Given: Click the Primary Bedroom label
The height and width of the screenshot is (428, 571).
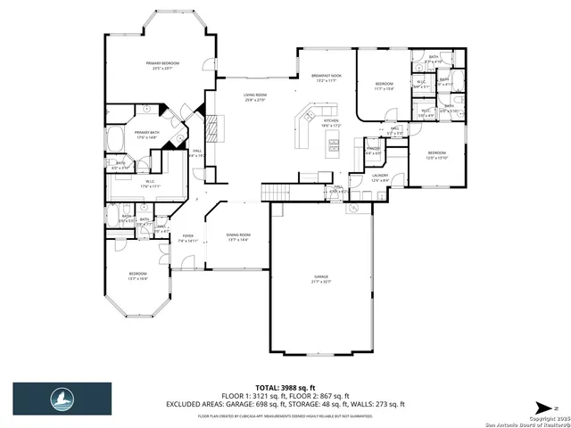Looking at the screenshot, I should point(163,65).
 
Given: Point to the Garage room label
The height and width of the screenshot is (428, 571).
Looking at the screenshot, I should point(321,279).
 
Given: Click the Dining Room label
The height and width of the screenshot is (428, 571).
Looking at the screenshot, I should point(238,237).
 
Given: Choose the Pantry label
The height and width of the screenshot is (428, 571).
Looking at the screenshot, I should point(373,152).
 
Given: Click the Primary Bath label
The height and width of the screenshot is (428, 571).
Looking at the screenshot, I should point(147,135).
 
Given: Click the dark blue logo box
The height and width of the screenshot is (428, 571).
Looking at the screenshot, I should point(62,399).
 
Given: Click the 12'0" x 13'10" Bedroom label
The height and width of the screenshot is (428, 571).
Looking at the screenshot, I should point(435,155).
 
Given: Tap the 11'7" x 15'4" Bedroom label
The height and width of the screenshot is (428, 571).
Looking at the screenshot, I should point(385,86).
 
